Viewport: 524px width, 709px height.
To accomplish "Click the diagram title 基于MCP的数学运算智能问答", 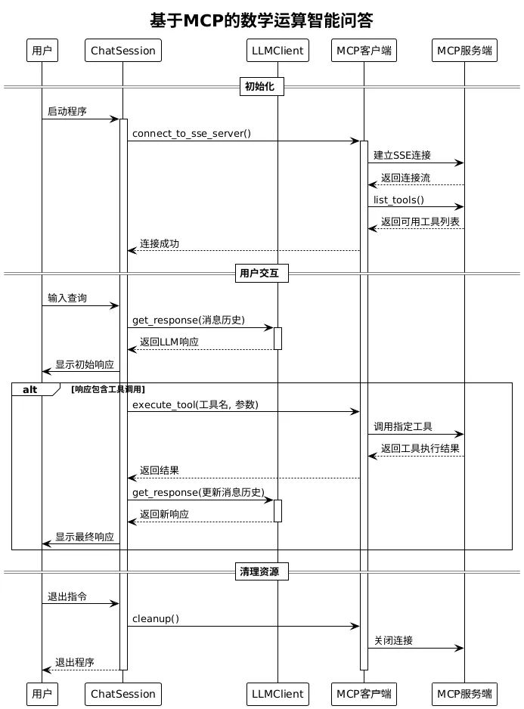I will click(262, 20).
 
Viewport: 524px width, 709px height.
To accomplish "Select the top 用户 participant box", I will click(42, 51).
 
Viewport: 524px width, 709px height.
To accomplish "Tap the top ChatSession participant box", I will click(122, 51).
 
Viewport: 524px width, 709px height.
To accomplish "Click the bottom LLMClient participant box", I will click(278, 693).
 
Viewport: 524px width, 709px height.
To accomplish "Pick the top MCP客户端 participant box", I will click(364, 51).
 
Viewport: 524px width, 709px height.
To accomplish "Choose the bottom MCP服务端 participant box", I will click(464, 693).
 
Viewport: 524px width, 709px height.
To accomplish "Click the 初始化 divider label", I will click(262, 87).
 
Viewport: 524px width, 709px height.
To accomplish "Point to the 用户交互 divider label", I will click(262, 273).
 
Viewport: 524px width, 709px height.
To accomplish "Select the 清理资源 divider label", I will click(262, 571).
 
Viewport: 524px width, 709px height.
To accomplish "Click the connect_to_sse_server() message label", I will click(191, 133).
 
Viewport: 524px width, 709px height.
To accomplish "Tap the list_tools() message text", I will click(398, 200).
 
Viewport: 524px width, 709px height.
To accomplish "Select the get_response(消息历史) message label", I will click(188, 320).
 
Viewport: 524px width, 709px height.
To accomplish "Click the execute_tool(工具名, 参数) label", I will click(195, 404).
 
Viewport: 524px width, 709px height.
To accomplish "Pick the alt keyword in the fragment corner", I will click(30, 389).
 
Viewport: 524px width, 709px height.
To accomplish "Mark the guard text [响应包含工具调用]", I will click(107, 389).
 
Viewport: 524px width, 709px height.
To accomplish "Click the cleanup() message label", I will click(156, 618).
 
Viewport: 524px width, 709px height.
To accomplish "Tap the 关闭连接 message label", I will click(393, 640).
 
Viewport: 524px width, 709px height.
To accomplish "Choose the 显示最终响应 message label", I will click(85, 537).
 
